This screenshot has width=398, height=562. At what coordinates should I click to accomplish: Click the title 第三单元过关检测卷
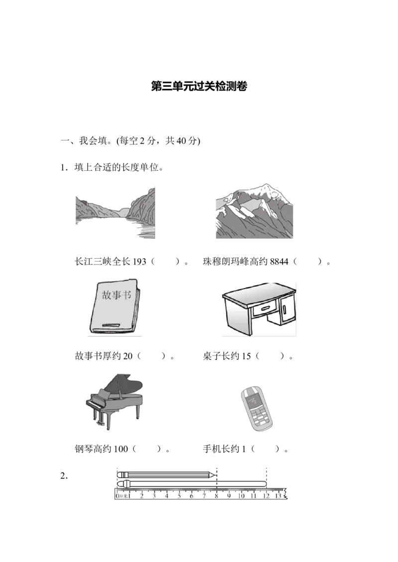point(199,86)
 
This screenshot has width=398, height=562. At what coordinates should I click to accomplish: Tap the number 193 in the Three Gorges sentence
point(139,262)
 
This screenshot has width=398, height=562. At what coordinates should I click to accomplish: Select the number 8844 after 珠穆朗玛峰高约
point(279,262)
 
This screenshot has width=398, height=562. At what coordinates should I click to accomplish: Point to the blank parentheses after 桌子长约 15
point(270,356)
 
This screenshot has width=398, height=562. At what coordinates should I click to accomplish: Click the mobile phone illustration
point(256,409)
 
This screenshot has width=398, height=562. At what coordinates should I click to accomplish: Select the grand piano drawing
point(114,402)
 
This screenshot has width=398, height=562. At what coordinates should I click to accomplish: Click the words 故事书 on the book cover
point(116,295)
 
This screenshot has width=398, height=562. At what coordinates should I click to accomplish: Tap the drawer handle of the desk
point(266,307)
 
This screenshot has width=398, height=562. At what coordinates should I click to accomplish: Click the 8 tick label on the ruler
point(216,496)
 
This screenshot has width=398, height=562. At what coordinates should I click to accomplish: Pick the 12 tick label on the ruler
point(266,496)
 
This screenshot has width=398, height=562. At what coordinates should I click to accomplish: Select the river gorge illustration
point(115,212)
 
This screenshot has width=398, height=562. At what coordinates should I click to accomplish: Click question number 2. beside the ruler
point(64,476)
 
